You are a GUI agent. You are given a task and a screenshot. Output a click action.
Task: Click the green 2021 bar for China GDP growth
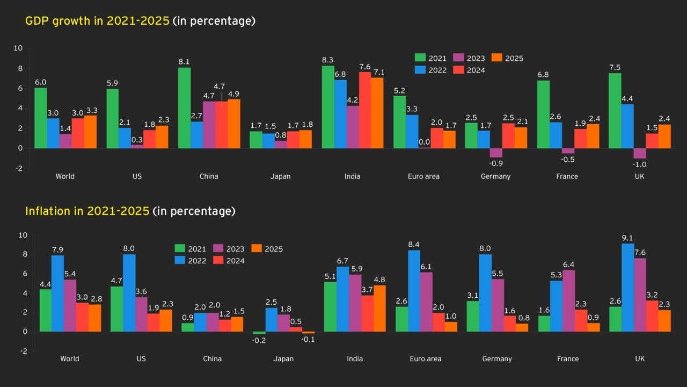184,107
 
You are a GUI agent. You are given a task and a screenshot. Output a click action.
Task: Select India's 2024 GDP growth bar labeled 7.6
364,110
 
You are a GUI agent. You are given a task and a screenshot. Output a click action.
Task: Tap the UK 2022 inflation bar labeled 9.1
627,288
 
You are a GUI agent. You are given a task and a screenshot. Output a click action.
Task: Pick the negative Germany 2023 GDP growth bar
495,153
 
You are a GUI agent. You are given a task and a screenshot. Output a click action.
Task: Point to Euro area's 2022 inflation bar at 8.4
413,291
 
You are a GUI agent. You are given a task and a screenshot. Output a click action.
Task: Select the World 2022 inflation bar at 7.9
57,293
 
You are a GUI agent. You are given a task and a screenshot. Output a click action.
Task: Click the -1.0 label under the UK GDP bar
639,164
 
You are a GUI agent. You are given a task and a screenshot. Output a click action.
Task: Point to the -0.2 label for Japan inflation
259,340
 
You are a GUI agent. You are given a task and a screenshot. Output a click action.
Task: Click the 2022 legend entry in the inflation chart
191,261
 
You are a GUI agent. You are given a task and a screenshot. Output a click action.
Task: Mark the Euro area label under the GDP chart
424,176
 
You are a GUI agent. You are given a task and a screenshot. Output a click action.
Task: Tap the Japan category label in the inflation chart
283,359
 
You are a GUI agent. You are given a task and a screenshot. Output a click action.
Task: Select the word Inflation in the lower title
47,211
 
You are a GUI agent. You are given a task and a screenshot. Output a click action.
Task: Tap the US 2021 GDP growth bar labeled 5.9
112,118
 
